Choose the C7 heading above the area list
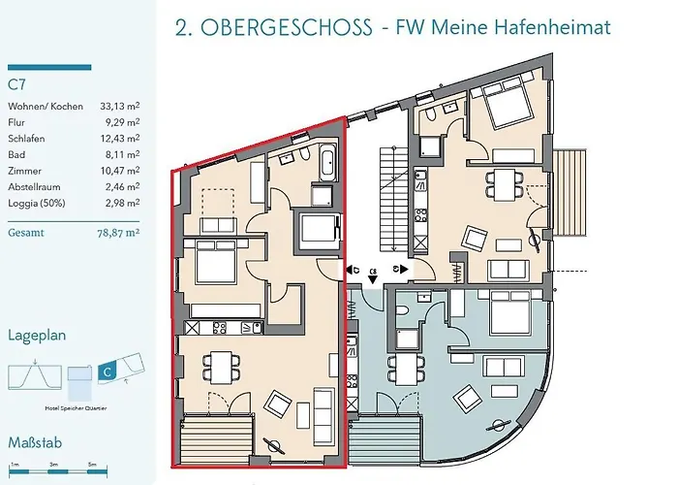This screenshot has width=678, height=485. [x=16, y=85]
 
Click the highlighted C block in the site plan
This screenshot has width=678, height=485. [x=108, y=371]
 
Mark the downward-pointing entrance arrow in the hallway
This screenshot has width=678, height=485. [x=373, y=278]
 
